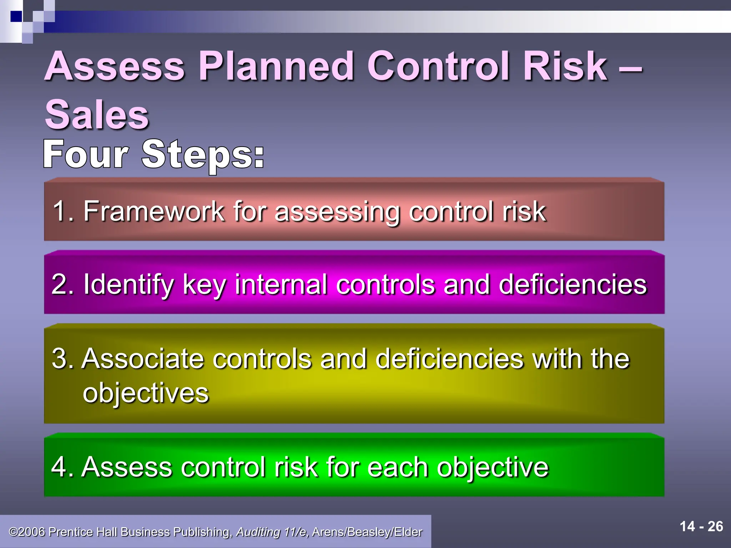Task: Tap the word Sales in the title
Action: tap(97, 115)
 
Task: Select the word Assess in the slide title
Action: tap(115, 66)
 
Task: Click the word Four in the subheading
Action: tap(86, 154)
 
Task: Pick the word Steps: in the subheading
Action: tap(203, 155)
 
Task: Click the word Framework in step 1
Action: tap(153, 211)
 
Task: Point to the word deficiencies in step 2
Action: tap(573, 285)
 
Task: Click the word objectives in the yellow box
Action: tap(146, 393)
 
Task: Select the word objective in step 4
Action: tap(493, 467)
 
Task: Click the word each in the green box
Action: tap(397, 467)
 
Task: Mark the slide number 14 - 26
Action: tap(701, 527)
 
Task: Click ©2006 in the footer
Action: tap(27, 532)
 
